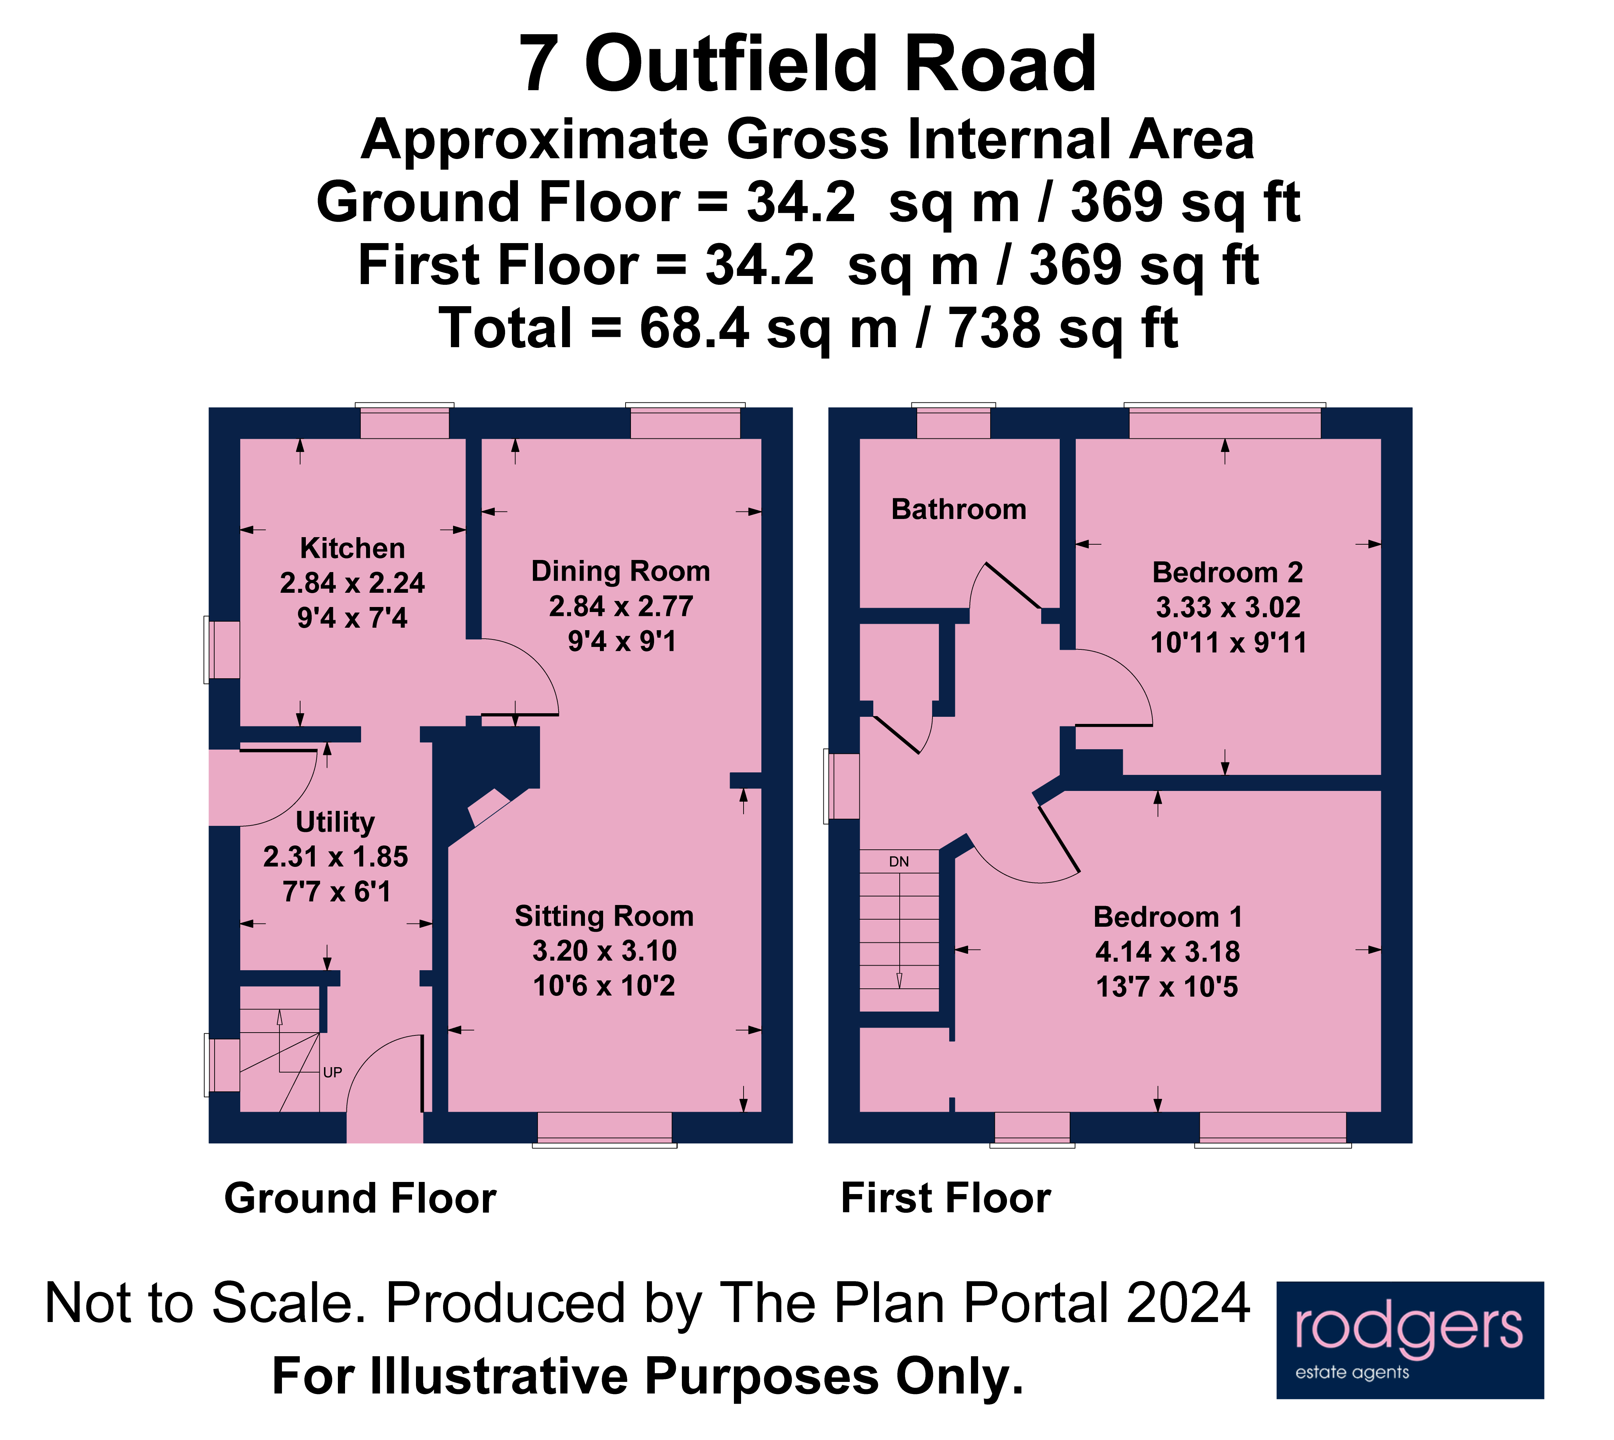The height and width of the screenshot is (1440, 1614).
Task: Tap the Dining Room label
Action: [620, 571]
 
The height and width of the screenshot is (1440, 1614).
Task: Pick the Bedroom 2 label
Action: [1227, 572]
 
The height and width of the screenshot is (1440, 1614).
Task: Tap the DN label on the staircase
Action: [899, 862]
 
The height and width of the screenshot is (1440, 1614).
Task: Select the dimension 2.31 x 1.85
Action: [335, 857]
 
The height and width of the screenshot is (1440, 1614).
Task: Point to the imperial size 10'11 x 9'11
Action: [1228, 642]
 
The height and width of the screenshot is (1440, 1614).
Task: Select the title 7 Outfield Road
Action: [807, 65]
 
